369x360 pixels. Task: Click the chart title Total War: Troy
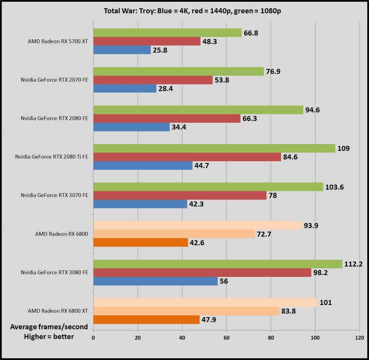tap(192, 11)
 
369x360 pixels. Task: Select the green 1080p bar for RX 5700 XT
tap(167, 33)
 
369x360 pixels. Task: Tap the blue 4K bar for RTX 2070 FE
tap(125, 89)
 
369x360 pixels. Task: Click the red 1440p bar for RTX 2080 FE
tap(167, 118)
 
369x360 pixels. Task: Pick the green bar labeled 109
tap(214, 148)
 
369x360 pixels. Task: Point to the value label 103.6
tap(334, 187)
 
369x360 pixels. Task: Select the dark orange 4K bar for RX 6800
tap(141, 243)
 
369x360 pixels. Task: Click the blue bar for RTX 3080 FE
tap(155, 281)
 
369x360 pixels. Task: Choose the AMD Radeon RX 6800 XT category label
tap(58, 311)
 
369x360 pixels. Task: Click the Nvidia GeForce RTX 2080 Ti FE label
tap(52, 157)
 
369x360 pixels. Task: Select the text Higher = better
tap(49, 336)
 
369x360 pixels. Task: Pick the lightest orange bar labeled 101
tap(205, 302)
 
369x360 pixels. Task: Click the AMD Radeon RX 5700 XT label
tap(58, 41)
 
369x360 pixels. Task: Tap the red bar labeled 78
tap(180, 195)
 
